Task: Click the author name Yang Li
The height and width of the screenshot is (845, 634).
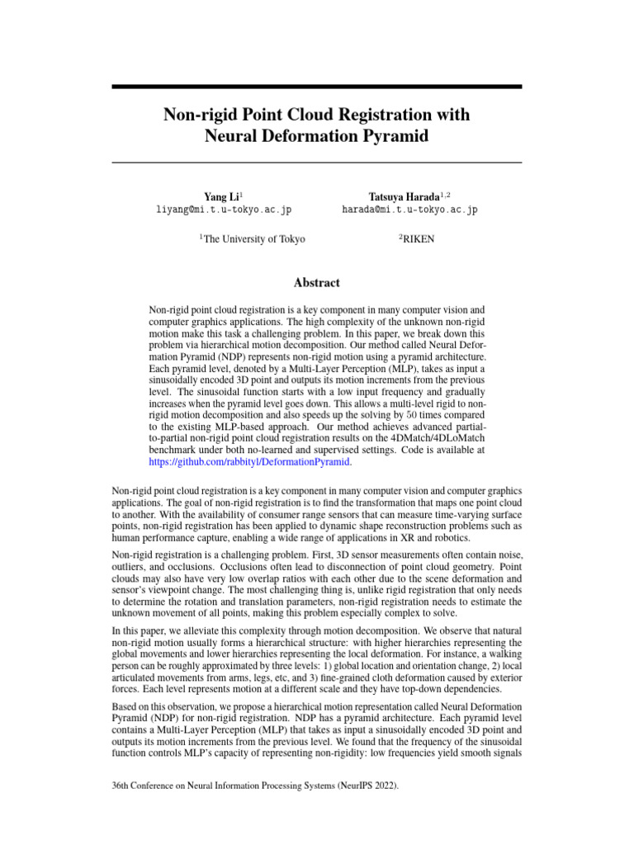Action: click(x=222, y=196)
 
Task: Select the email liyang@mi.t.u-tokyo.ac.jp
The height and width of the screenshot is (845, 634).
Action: click(x=224, y=210)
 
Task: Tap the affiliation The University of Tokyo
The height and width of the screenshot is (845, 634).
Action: click(x=253, y=239)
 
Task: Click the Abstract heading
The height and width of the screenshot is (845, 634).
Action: click(x=317, y=282)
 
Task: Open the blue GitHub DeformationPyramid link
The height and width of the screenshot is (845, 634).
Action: click(x=249, y=462)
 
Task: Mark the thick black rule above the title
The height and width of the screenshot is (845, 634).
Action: click(x=317, y=87)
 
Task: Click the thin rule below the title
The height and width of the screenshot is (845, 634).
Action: click(x=317, y=163)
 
